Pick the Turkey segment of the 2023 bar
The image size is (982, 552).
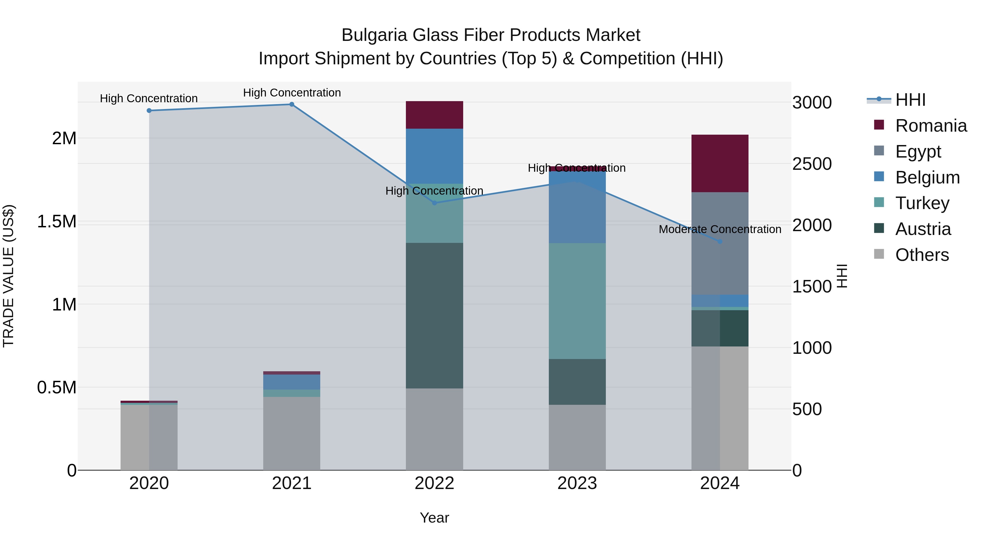pos(577,301)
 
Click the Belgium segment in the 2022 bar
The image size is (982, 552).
pos(434,156)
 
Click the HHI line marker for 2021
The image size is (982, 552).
pos(292,104)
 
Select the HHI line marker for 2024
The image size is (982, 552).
pos(720,242)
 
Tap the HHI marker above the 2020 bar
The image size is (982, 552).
pos(149,110)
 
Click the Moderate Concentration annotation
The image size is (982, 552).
pos(720,229)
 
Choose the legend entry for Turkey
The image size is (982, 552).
pos(922,203)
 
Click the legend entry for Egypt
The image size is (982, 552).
pos(918,151)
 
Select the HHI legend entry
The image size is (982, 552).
pos(910,100)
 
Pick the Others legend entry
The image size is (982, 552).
pos(922,255)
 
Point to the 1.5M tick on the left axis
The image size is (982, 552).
pos(57,221)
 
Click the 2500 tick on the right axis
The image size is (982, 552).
pos(812,164)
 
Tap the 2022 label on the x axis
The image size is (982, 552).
pos(434,483)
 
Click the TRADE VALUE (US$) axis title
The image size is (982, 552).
pos(8,276)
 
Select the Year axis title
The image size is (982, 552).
pos(434,518)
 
